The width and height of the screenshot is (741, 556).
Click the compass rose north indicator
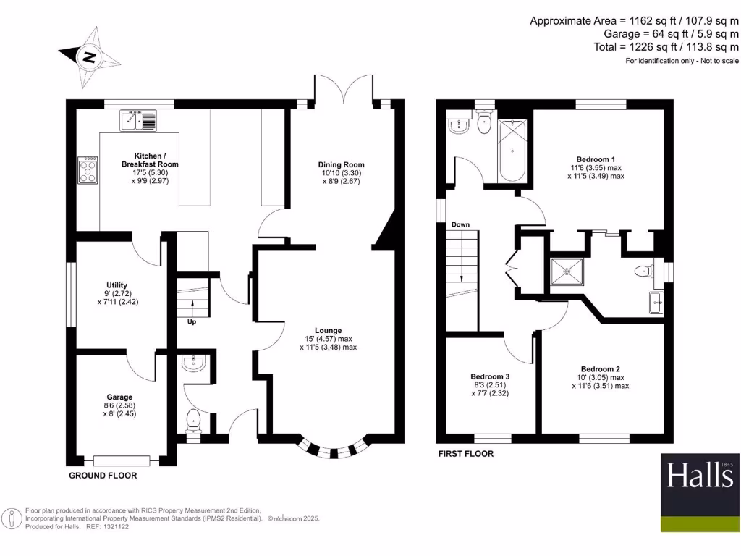89,58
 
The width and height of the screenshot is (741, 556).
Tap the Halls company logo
700,492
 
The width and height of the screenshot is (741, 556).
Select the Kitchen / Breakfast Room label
150,160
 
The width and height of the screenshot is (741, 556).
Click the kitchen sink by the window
138,120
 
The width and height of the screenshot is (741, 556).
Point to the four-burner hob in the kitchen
88,169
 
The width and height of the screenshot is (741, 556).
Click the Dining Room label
342,164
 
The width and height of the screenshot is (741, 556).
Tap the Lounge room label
328,330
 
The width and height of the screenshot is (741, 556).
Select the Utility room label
117,285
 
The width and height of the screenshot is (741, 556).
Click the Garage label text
119,397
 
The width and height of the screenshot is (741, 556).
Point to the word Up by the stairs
192,322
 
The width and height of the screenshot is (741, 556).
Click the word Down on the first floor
460,224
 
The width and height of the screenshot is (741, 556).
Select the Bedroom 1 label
596,159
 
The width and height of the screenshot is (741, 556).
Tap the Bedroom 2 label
600,369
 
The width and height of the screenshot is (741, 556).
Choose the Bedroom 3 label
490,376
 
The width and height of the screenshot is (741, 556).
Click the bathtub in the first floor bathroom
512,151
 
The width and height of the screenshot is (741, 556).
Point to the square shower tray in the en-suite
567,271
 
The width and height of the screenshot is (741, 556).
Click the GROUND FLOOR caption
103,476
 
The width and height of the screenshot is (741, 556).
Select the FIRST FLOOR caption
466,454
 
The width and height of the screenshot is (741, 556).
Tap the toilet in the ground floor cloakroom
193,421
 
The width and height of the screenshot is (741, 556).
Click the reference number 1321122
117,527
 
